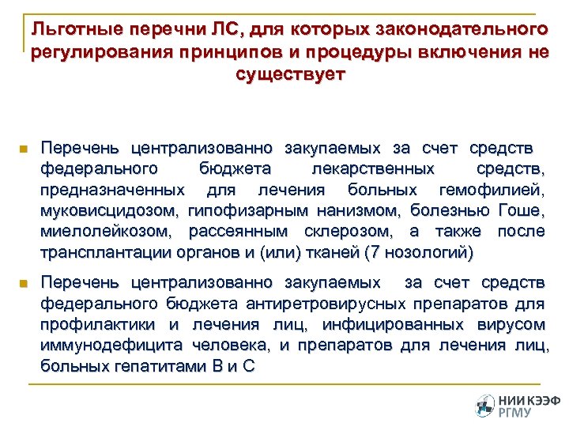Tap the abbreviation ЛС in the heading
(x=230, y=30)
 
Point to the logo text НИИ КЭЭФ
(x=526, y=399)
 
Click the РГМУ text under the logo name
(x=515, y=412)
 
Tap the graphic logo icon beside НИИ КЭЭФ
(x=484, y=404)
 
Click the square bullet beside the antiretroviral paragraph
(x=24, y=283)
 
